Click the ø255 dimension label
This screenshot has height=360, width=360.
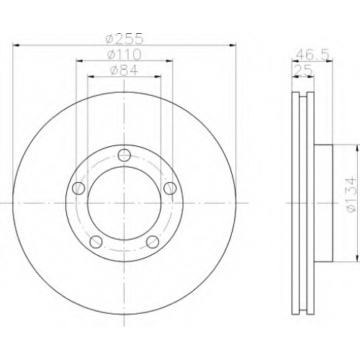[125, 38]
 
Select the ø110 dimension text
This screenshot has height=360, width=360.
[124, 55]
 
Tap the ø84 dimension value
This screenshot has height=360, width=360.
[124, 70]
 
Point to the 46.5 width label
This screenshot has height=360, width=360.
[312, 55]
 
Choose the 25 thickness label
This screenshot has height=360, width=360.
[304, 71]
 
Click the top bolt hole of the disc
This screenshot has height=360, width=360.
[125, 155]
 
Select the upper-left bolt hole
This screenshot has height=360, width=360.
[78, 188]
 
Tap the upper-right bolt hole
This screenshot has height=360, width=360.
[170, 188]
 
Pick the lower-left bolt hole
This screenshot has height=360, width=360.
[96, 242]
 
